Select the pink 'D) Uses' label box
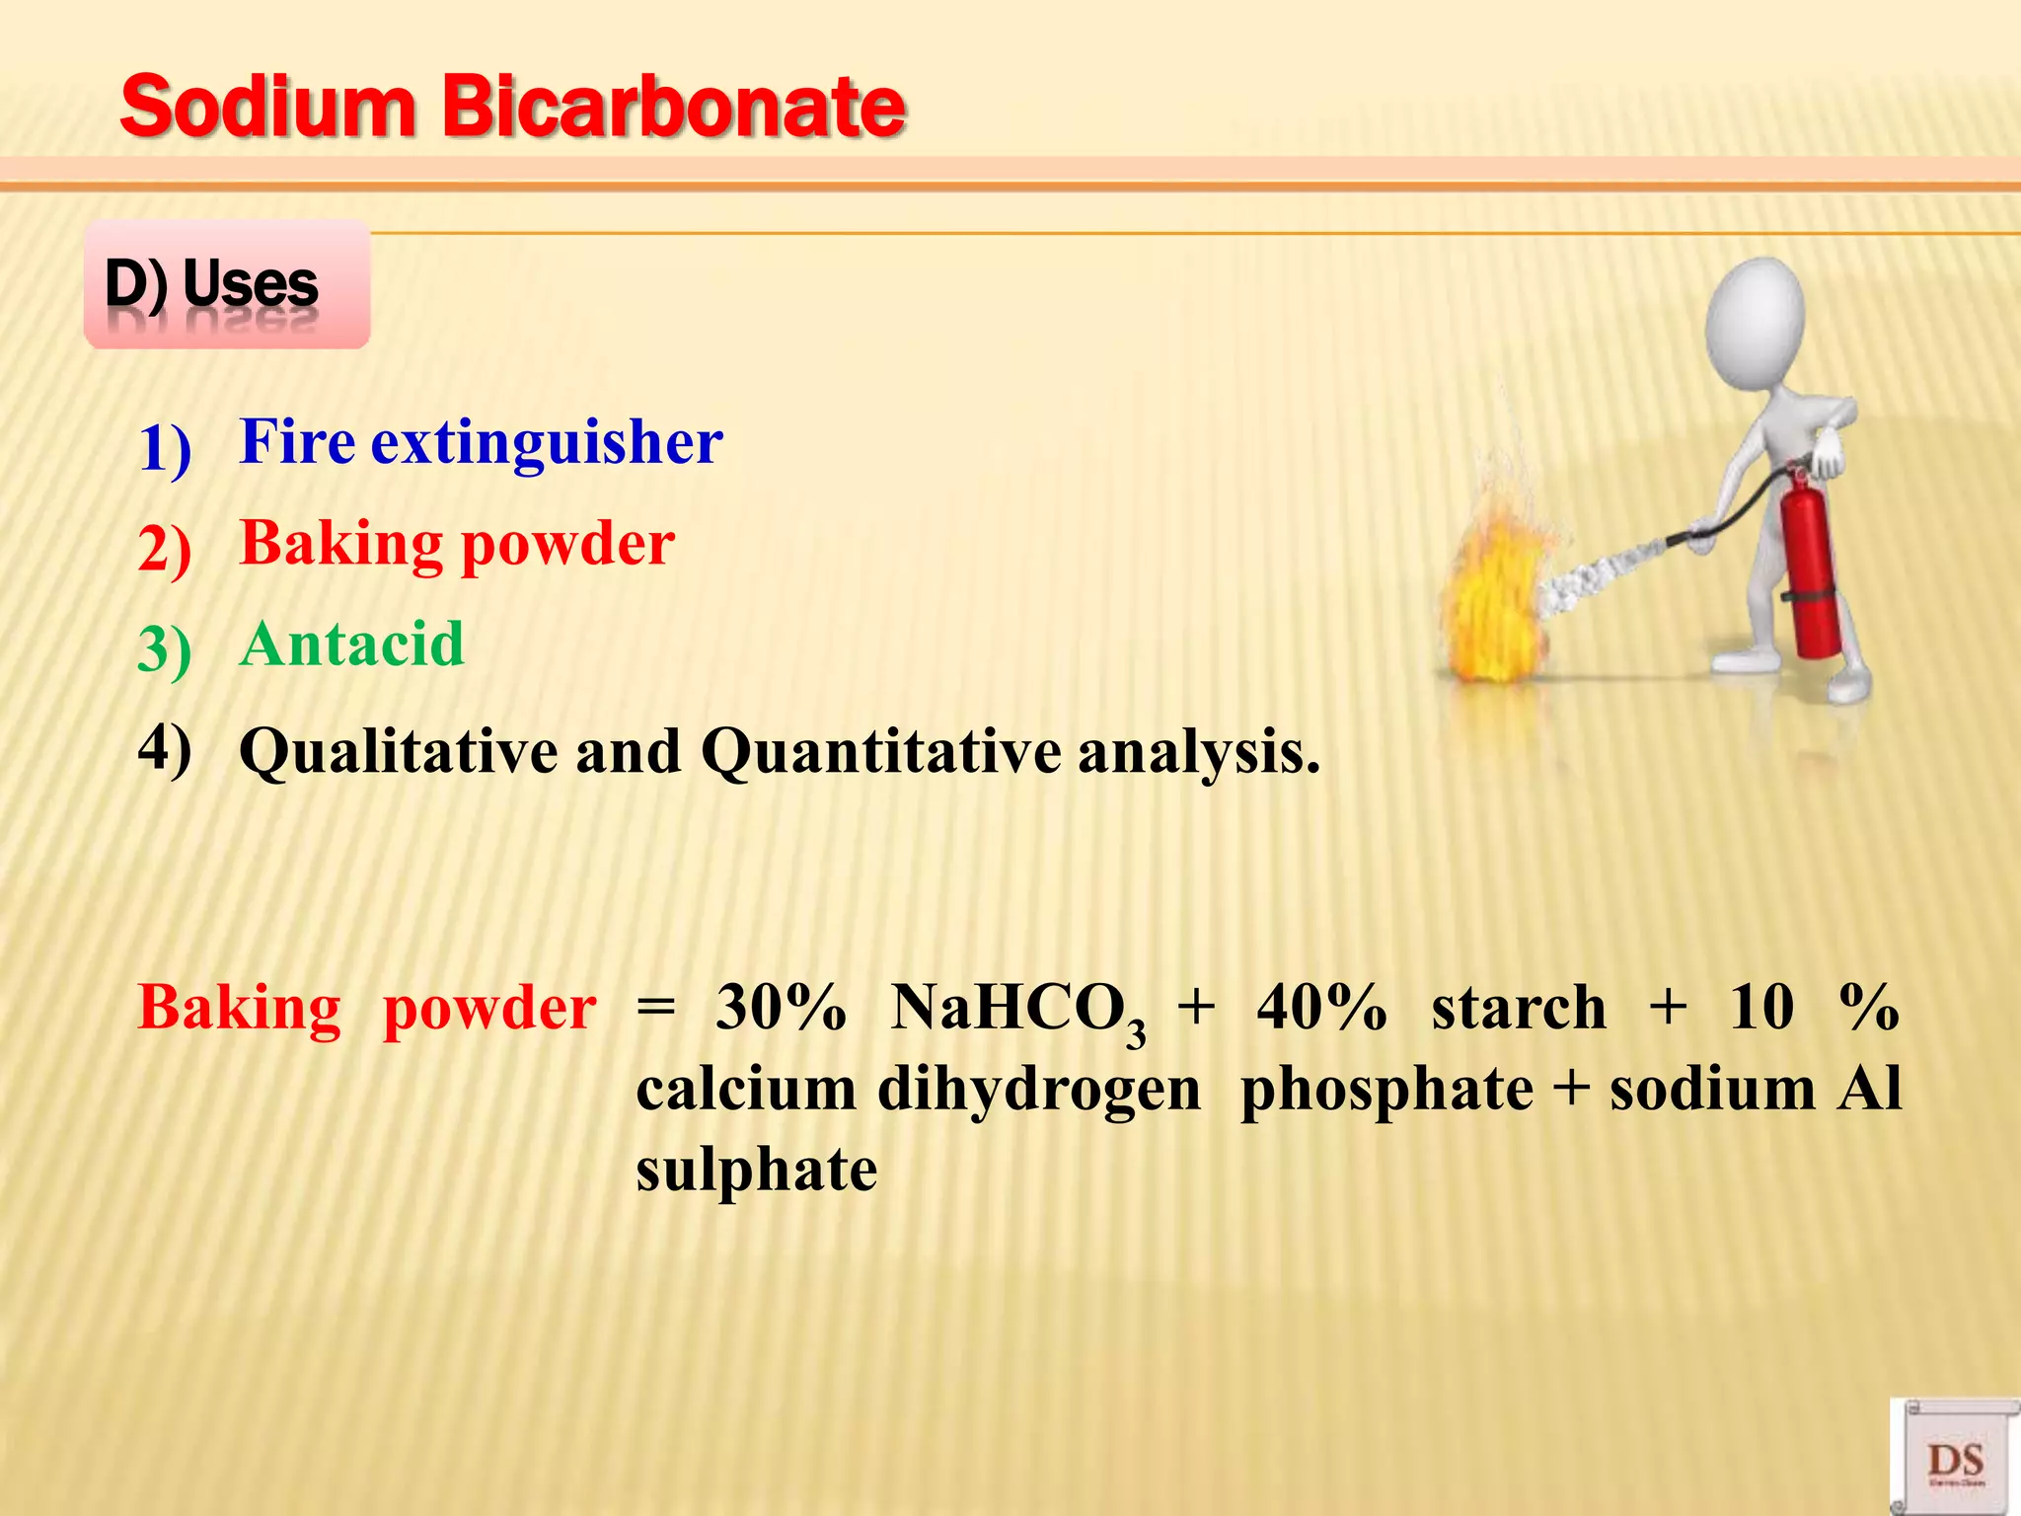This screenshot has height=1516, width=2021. [x=227, y=284]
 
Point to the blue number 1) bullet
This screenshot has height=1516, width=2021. [x=165, y=449]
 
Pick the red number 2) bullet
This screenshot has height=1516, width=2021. [x=165, y=550]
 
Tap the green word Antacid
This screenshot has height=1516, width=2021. [x=351, y=644]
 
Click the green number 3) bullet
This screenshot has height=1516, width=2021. [x=165, y=651]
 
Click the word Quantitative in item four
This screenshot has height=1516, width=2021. [x=880, y=752]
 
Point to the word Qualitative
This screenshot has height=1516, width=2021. [x=399, y=752]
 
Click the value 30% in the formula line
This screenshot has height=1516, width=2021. [x=781, y=1009]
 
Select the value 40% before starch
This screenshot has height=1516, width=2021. [x=1321, y=1009]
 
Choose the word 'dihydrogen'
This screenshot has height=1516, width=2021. [x=1038, y=1090]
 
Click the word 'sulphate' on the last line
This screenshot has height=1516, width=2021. [x=756, y=1171]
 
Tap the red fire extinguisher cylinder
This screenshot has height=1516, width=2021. [x=1812, y=572]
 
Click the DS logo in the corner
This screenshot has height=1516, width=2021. [x=1955, y=1460]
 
